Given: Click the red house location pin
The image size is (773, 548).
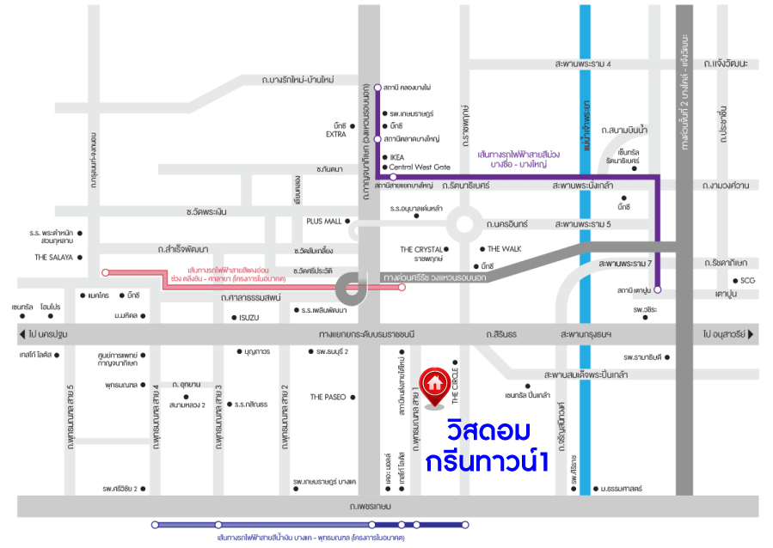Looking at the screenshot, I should coord(435,384).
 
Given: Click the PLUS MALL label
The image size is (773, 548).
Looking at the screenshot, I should coord(323,221).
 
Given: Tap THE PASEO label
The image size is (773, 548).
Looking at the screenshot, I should coord(328,397).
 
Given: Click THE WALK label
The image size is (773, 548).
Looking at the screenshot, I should coord(505,248).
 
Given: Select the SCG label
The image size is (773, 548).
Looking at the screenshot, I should coord(749,281).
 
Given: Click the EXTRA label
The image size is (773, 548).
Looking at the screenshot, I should coord(335,135).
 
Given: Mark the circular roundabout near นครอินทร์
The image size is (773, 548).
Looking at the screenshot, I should coord(466,226).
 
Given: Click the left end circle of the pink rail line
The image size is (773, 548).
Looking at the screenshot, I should coord(105,272).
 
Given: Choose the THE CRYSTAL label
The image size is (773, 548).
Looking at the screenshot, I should coord(420,249).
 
